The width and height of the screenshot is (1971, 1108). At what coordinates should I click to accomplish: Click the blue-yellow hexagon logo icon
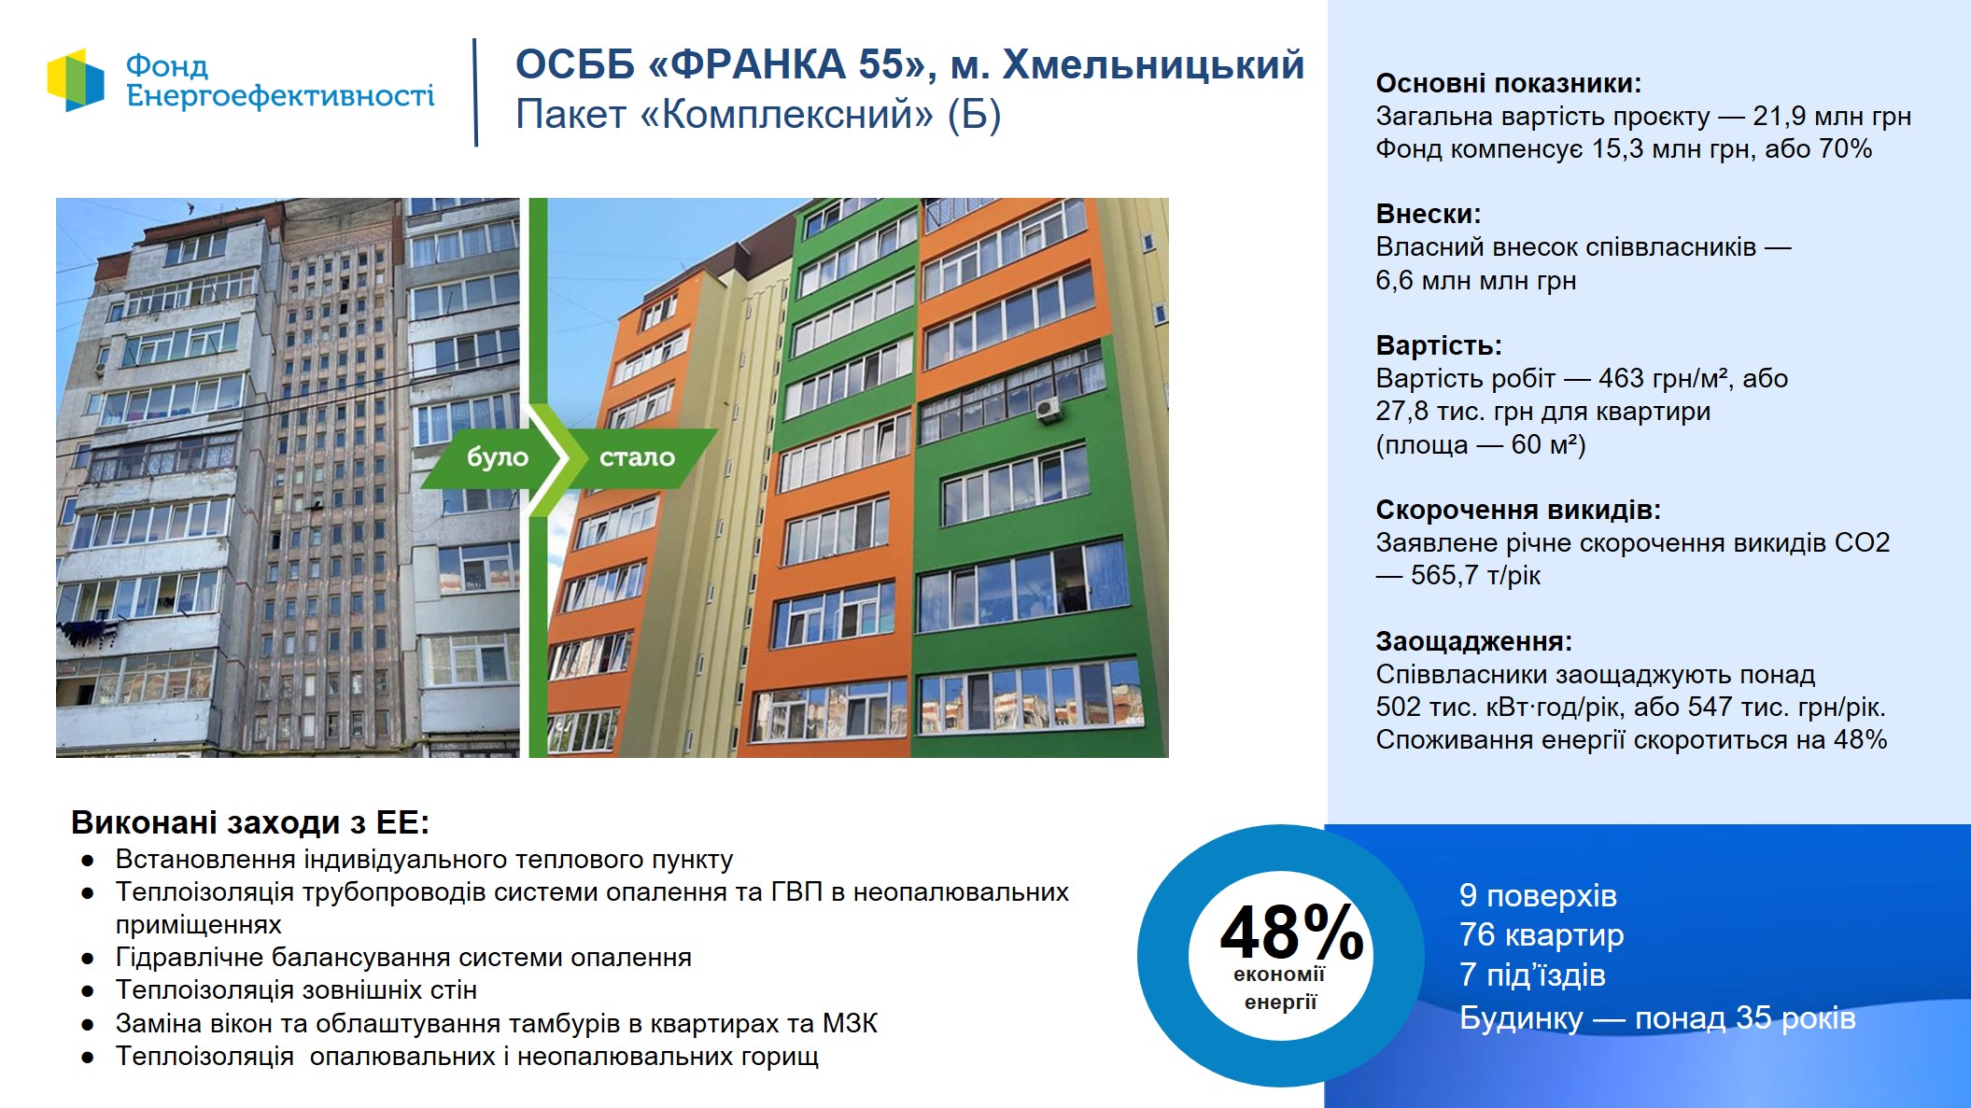(x=76, y=80)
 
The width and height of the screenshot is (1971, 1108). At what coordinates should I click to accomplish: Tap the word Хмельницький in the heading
(x=1153, y=65)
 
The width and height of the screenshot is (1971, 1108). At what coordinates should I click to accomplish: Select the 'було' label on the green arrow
(x=498, y=457)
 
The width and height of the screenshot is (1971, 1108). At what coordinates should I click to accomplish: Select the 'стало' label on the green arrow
(x=637, y=457)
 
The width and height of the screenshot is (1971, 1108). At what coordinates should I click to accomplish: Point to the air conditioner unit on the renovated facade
(x=1049, y=409)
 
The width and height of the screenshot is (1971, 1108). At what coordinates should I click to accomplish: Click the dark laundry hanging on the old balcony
(x=89, y=632)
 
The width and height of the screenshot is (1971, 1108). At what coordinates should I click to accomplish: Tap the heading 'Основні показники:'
(x=1508, y=83)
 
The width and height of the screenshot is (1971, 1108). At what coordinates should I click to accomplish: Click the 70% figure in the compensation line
(x=1845, y=148)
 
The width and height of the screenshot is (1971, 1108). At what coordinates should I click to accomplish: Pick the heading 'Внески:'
(x=1429, y=214)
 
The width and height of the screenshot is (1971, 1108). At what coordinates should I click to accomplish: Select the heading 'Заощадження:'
(x=1474, y=641)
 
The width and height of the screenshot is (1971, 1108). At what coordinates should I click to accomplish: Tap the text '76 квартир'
(x=1542, y=934)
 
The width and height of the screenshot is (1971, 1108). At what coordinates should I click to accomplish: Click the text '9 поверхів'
(x=1538, y=895)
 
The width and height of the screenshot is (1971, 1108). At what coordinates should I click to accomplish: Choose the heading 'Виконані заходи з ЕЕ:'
(x=250, y=822)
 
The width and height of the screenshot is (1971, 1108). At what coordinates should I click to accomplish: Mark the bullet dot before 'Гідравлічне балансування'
(x=88, y=959)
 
